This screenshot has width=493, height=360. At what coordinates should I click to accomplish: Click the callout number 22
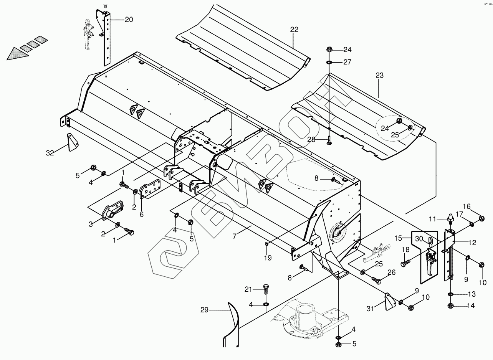(x=294, y=30)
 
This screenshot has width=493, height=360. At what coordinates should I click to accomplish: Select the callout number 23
(x=379, y=76)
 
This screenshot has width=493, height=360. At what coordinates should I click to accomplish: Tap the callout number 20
(x=129, y=20)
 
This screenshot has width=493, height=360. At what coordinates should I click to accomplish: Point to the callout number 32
(x=50, y=153)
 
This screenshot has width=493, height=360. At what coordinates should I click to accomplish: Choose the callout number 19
(x=268, y=258)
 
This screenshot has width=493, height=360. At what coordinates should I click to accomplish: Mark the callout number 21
(x=248, y=289)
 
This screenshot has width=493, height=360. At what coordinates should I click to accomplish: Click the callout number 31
(x=370, y=308)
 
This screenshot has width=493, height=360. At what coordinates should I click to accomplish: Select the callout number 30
(x=419, y=238)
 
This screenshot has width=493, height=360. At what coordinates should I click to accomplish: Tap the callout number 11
(x=432, y=219)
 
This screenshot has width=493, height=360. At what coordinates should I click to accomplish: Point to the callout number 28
(x=311, y=140)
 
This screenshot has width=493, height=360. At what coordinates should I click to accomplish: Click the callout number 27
(x=347, y=62)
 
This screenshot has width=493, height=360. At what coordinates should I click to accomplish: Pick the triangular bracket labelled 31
(x=389, y=301)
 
